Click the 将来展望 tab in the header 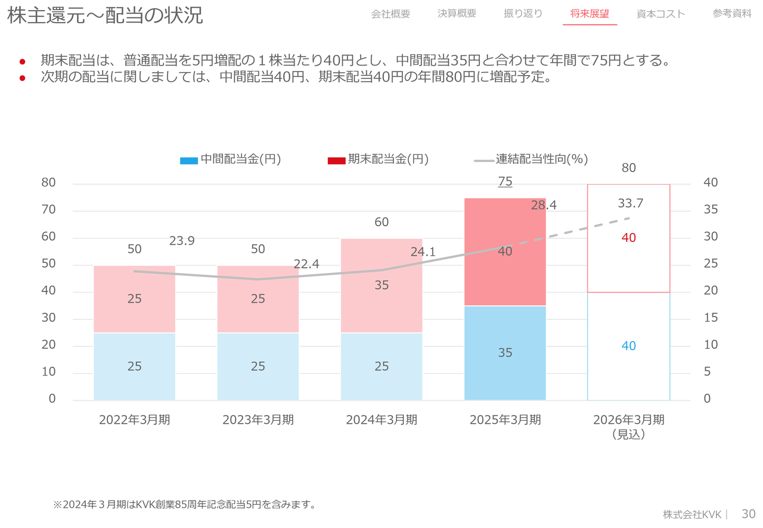click(590, 14)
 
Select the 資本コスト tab click(660, 14)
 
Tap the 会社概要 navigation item click(390, 14)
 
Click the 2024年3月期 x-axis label click(381, 420)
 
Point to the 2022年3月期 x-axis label click(135, 420)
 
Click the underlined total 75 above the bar click(505, 182)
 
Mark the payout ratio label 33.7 click(630, 203)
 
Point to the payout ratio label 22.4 click(306, 264)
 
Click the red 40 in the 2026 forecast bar click(629, 238)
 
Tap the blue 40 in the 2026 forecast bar click(629, 346)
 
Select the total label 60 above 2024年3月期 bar click(381, 222)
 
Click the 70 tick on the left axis click(48, 210)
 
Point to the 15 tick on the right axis click(711, 318)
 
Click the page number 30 click(748, 514)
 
